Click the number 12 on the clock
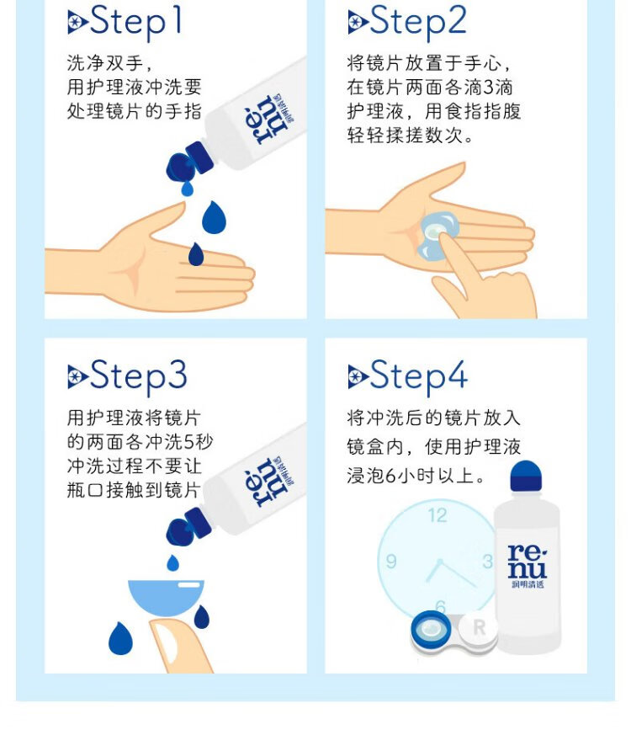coord(437,515)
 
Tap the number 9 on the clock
coord(391,561)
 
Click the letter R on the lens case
coord(479,627)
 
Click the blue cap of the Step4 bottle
coord(525,476)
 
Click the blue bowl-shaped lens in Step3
coord(166,597)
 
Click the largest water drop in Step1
coord(214,217)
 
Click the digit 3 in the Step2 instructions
coord(488,88)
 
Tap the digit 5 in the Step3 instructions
coord(188,442)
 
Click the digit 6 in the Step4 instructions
coord(390,476)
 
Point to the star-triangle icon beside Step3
coord(77,376)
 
